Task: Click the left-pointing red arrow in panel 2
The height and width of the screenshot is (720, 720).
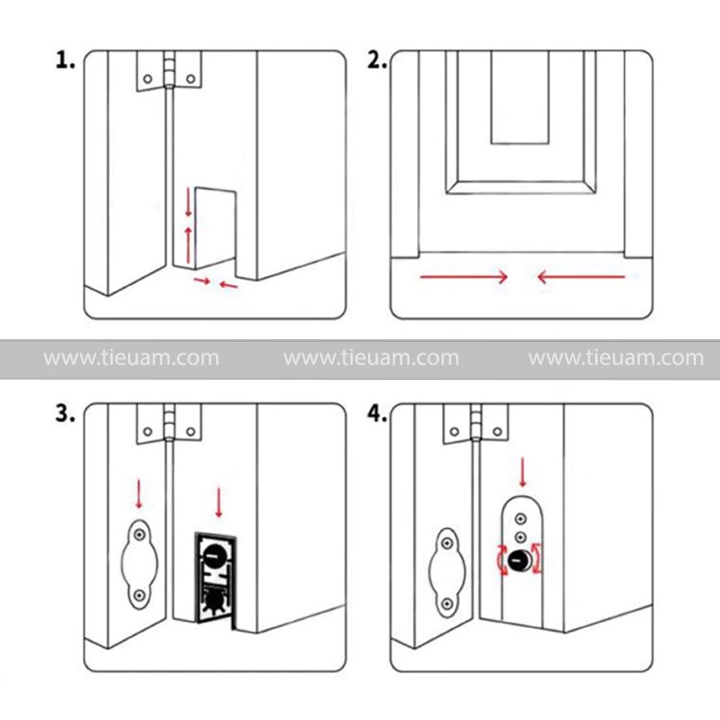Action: tap(581, 278)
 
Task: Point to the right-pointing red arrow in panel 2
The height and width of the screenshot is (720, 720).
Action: tap(464, 278)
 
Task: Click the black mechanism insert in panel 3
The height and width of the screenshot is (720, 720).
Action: tap(213, 578)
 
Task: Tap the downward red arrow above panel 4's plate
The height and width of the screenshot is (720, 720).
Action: tap(522, 472)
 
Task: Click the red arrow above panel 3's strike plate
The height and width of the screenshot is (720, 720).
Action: tap(140, 493)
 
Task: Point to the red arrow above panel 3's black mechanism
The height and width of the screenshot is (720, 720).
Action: tap(218, 501)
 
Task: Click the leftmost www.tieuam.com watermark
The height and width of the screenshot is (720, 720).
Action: tap(131, 358)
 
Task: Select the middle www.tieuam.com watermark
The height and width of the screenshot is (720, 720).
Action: tap(371, 358)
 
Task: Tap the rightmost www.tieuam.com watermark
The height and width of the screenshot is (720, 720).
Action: tap(616, 358)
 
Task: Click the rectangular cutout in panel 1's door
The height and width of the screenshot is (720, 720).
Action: tap(214, 227)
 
